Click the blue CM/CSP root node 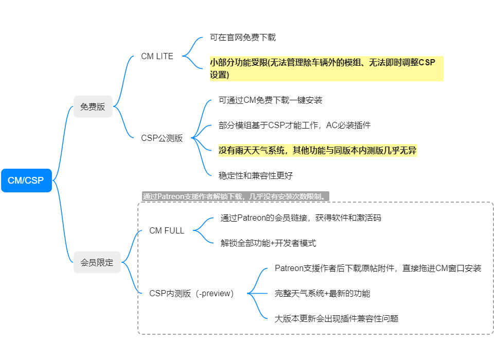pos(26,181)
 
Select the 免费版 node pos(93,106)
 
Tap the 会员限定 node pos(97,262)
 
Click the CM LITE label pos(157,56)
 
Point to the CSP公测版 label pos(162,138)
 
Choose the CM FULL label pos(167,230)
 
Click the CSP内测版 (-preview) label pos(191,294)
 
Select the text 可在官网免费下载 pos(243,38)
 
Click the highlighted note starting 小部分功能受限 pos(326,69)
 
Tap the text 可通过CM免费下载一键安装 pos(270,100)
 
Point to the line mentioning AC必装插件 pos(294,125)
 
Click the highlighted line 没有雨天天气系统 pos(317,151)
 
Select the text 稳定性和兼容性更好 pos(256,175)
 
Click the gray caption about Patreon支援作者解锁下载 pos(235,196)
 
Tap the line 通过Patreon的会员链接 pos(301,218)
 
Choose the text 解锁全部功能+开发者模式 pos(268,243)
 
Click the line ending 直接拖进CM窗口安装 pos(378,268)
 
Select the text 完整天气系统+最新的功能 pos(322,294)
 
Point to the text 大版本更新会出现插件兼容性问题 pos(337,319)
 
